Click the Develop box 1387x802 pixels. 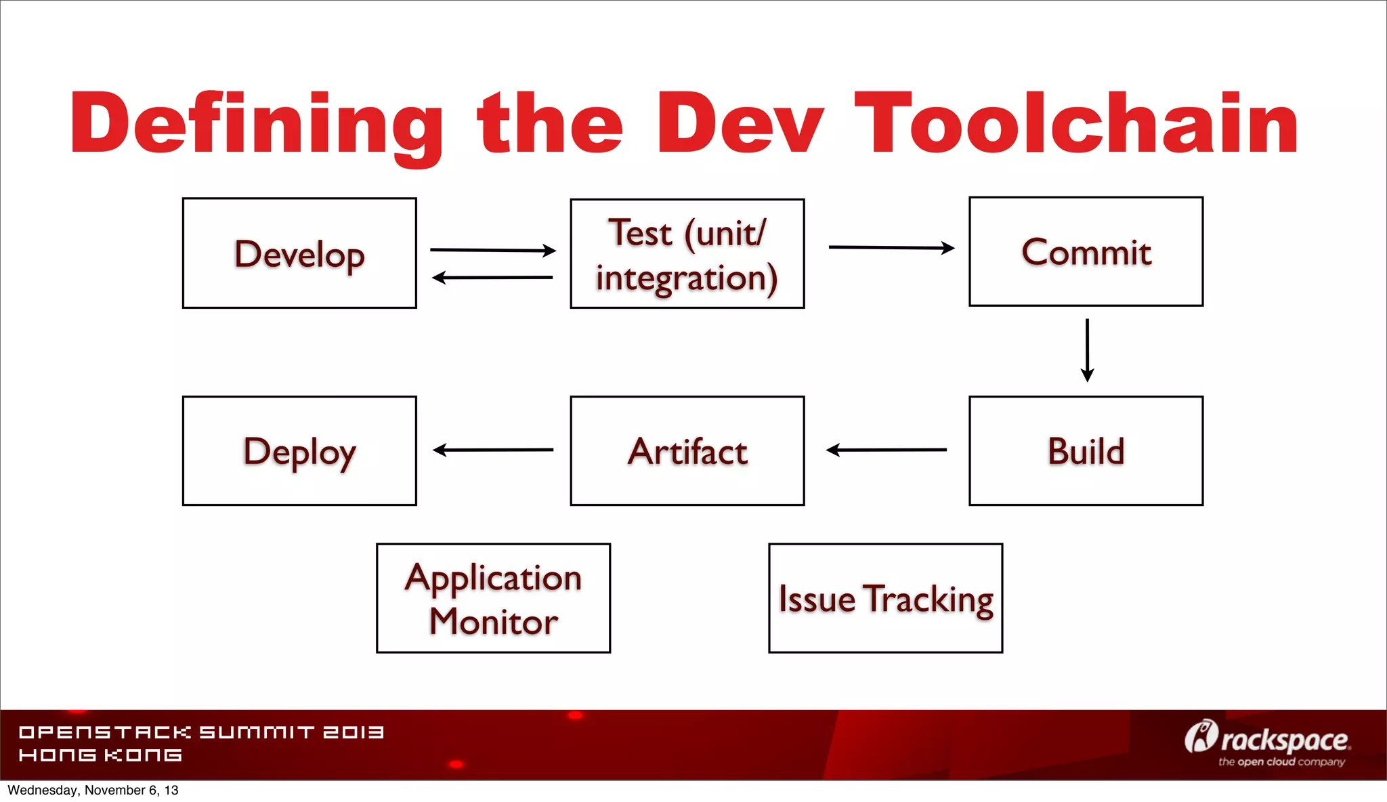299,253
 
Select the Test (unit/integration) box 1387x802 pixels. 687,254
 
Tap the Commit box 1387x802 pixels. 1086,252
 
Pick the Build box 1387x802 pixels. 1086,451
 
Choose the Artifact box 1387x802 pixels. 687,451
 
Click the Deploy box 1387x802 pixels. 299,451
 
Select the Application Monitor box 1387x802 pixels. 493,598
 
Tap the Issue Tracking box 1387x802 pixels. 885,598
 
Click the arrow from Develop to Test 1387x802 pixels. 492,250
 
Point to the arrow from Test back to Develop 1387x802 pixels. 492,277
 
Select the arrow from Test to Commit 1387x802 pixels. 891,248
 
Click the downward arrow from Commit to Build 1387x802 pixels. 1087,350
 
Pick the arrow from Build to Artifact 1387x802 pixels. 886,450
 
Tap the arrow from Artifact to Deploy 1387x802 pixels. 492,450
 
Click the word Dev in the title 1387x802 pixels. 739,123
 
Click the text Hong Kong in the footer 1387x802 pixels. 100,755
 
